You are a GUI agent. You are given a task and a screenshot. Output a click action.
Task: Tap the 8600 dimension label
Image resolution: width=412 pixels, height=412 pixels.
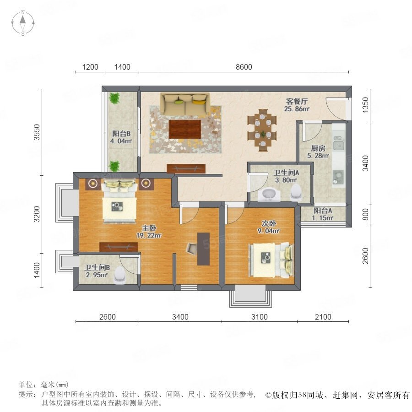point(244,67)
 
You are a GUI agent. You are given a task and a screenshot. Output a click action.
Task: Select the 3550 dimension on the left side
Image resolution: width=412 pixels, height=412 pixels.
point(37,132)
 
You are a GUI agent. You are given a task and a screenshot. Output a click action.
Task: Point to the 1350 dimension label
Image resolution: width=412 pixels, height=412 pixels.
point(365,105)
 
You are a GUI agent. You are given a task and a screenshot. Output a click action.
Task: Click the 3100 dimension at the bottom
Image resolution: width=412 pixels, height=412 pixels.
point(260,317)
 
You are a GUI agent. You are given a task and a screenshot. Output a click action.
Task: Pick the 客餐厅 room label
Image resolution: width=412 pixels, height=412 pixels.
point(297,102)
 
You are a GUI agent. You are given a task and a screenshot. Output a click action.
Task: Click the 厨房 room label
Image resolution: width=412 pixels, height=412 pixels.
point(318,148)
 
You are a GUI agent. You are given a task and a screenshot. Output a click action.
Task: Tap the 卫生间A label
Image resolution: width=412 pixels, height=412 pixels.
point(286,173)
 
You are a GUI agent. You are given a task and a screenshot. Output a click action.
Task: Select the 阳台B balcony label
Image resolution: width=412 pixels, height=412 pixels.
point(121,134)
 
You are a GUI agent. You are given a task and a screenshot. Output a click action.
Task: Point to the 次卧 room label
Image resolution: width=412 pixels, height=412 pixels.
point(269,223)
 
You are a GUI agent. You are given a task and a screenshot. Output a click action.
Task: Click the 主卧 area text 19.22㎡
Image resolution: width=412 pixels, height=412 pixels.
point(149,235)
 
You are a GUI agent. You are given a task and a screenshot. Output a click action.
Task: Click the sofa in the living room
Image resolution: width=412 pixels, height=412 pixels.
point(185,103)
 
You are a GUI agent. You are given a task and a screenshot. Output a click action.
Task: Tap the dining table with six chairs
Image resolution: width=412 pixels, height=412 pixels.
point(262,130)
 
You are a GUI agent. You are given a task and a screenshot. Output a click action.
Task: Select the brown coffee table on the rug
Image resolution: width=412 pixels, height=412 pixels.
point(185,129)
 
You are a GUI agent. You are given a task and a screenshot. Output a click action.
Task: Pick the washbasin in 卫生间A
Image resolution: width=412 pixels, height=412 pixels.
point(269,195)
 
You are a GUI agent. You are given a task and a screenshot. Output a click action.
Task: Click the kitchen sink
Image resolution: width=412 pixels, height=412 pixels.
point(339,144)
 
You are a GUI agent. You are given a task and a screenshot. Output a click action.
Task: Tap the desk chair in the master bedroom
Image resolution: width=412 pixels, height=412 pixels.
point(192,248)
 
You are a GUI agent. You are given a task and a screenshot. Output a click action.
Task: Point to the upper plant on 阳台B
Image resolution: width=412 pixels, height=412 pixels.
point(114,98)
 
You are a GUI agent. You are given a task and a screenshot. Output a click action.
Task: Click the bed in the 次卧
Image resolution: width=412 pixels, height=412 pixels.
point(271,260)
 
